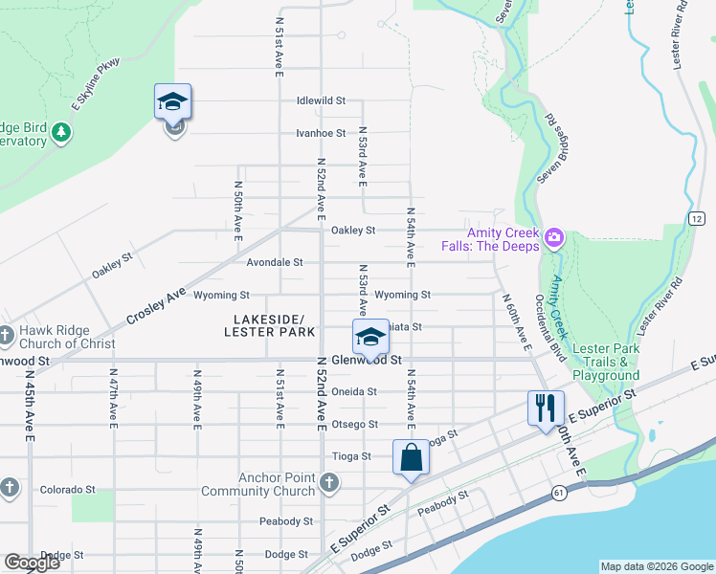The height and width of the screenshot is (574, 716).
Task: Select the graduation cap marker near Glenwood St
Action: [x=370, y=337]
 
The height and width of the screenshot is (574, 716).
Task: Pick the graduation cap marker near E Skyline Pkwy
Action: [x=173, y=101]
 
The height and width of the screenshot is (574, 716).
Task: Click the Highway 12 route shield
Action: [x=695, y=219]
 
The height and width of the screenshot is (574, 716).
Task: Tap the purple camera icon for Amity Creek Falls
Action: [x=553, y=237]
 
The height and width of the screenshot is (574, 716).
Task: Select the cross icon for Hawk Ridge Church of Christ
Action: [x=6, y=335]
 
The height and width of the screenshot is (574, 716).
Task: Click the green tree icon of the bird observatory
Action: [x=61, y=131]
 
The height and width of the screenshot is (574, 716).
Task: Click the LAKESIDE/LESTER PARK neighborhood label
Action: [x=269, y=325]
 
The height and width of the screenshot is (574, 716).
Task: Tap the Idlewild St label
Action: [x=321, y=100]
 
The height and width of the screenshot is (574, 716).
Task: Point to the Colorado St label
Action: [x=67, y=489]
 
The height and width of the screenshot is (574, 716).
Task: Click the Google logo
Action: [x=32, y=563]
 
